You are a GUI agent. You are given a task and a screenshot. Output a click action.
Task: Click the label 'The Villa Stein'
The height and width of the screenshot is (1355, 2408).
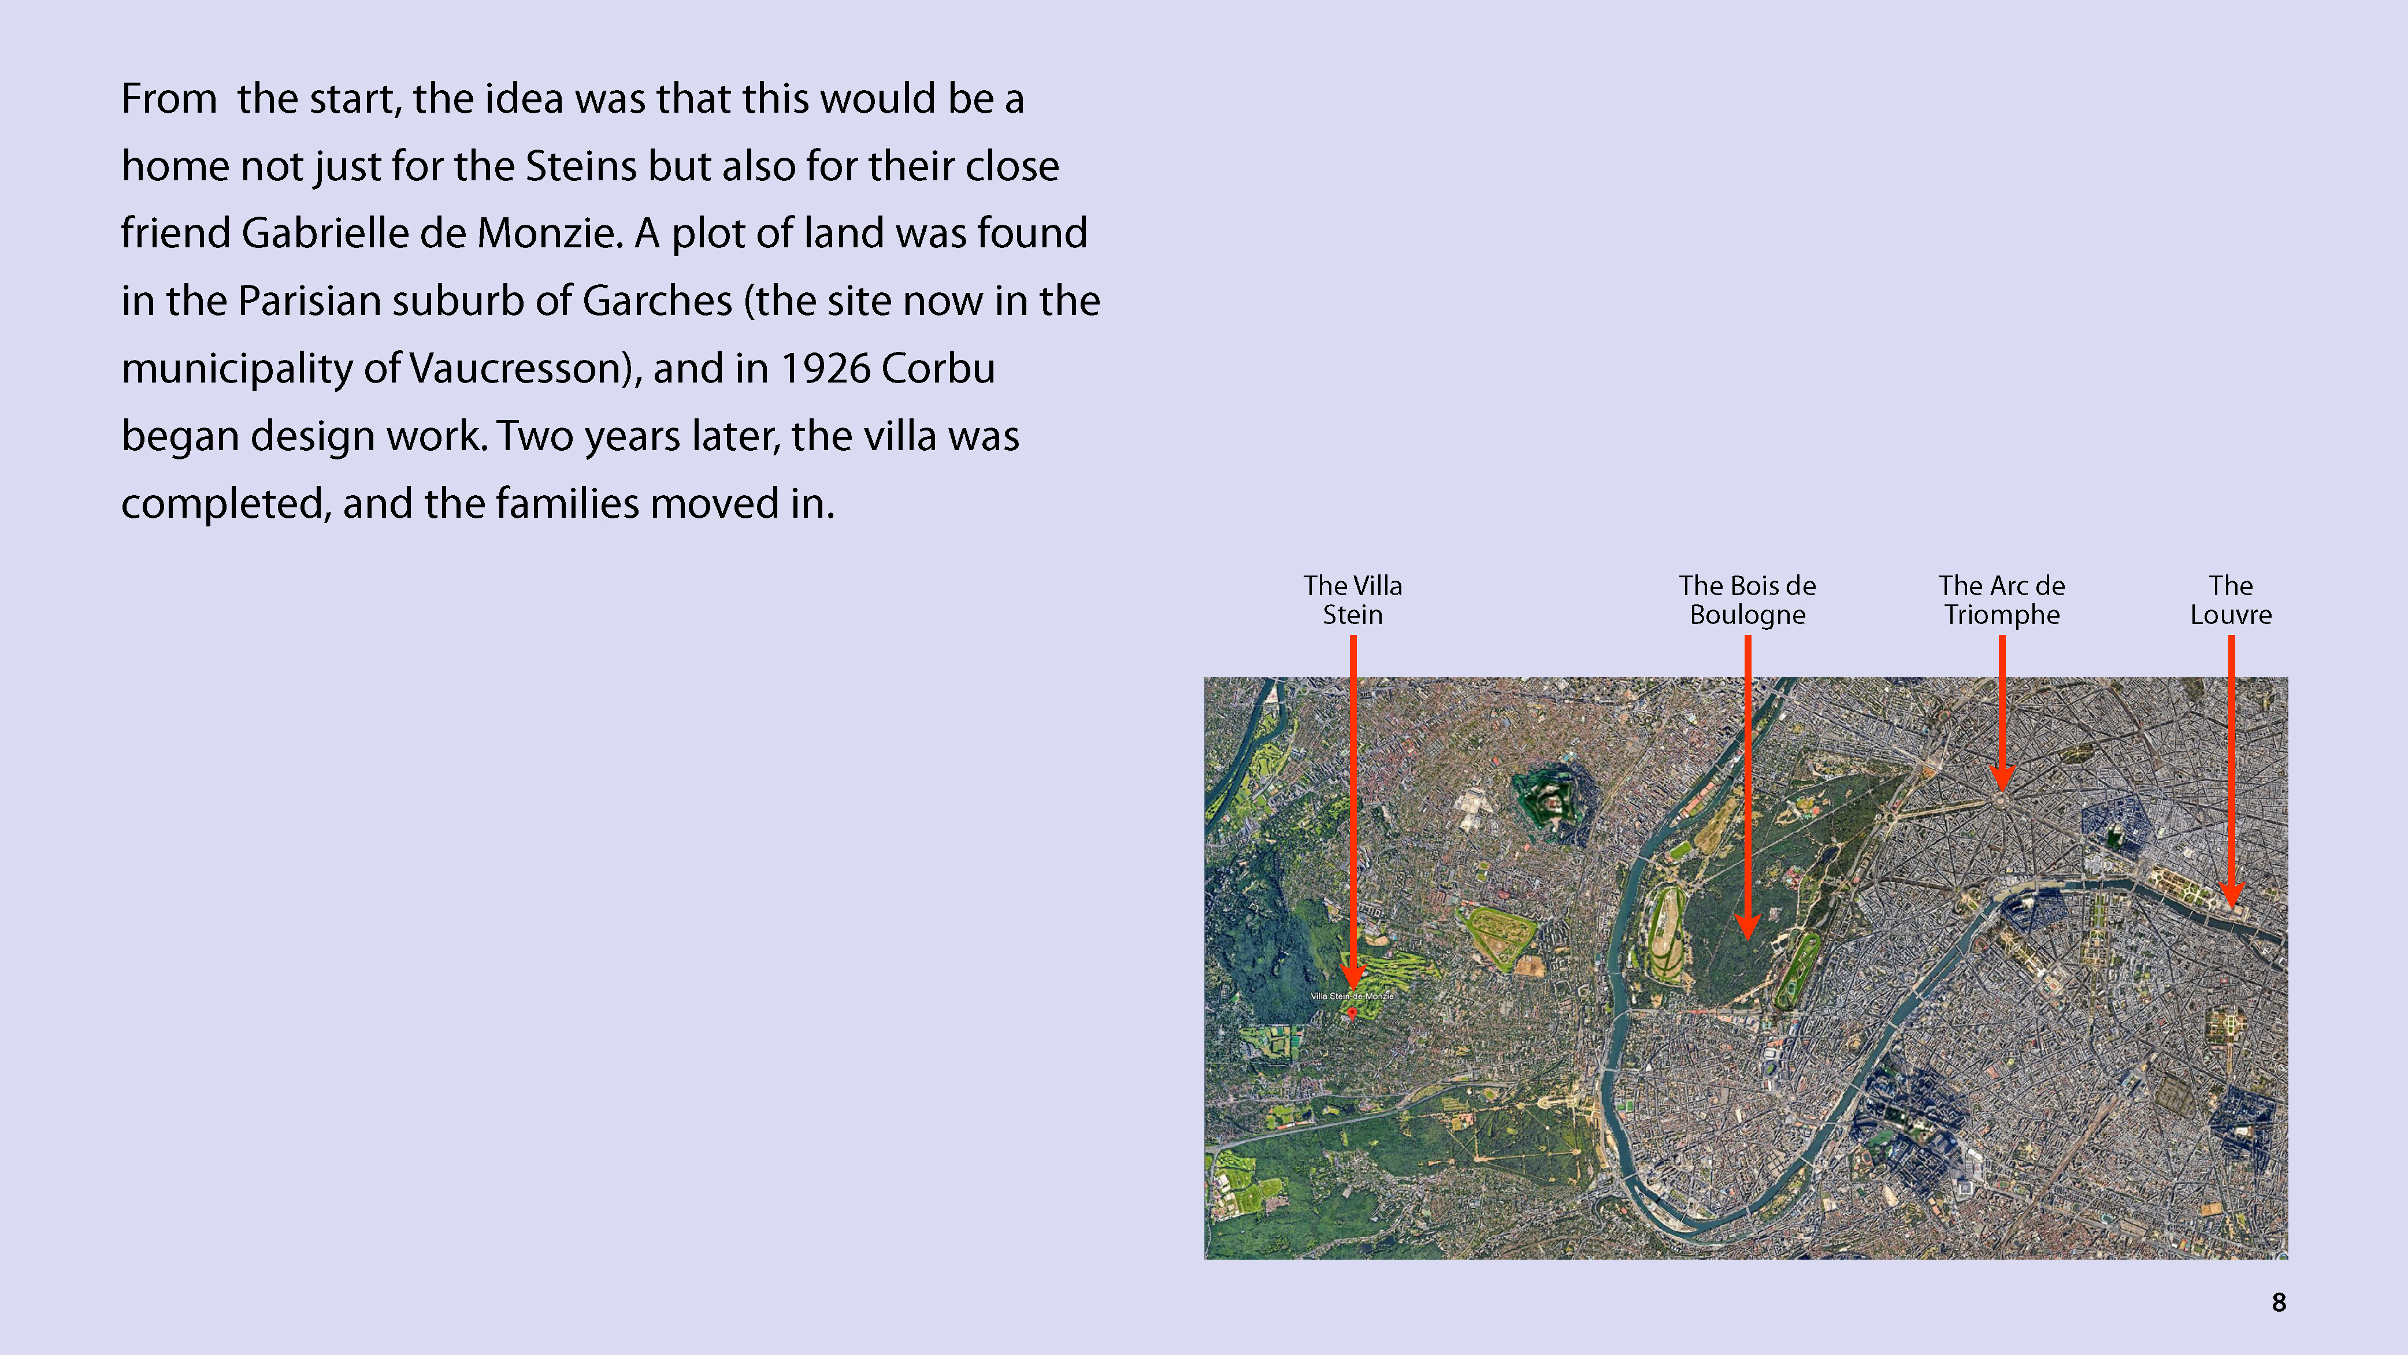coord(1353,600)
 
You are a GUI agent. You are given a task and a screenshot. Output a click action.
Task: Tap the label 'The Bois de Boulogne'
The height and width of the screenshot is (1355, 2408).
coord(1747,600)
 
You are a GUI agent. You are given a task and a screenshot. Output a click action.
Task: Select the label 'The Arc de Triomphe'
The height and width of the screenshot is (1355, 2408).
coord(2001,600)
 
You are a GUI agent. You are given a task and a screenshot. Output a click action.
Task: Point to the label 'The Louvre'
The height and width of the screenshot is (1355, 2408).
coord(2231,600)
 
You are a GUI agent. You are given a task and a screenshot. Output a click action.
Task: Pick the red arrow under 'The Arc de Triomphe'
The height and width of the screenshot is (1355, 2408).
coord(2001,714)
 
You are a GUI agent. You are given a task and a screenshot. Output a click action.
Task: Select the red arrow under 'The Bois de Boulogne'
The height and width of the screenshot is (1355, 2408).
coord(1747,787)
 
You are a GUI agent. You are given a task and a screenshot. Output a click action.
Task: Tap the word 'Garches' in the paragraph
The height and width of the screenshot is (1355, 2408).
coord(657,301)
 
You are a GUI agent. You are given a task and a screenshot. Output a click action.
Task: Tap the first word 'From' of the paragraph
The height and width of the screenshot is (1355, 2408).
coord(169,99)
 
